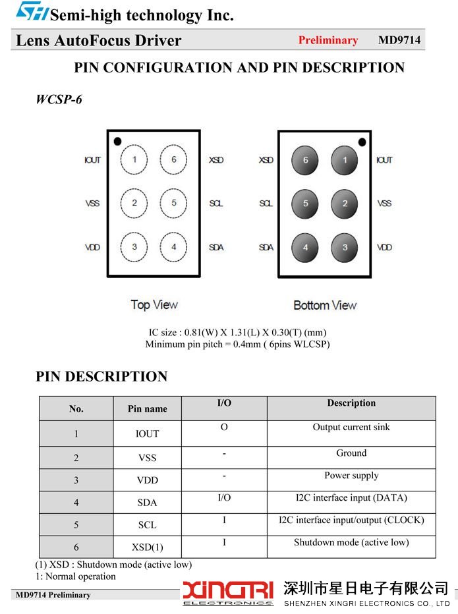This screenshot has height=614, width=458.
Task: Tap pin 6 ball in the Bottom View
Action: pos(305,160)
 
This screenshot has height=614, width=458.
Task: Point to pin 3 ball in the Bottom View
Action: pos(345,248)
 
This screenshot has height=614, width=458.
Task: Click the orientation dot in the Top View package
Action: pos(117,142)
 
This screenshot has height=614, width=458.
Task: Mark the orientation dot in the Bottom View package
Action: pos(362,142)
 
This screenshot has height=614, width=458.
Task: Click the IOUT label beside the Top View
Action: pos(92,160)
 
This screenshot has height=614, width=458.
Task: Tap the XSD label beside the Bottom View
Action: pos(266,160)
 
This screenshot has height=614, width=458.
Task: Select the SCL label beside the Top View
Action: pos(216,203)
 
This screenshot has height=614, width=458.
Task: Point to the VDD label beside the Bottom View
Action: pos(384,247)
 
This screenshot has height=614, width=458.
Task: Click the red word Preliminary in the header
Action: pos(328,40)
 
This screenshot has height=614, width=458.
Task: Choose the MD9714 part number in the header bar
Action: pos(399,40)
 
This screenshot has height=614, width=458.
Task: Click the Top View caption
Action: pos(154,304)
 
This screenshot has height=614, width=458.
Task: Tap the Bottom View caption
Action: pos(325,305)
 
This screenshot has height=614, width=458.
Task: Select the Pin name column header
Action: pos(148,408)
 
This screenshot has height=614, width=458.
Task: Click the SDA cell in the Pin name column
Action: pos(148,503)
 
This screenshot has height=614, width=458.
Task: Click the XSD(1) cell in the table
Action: pos(148,547)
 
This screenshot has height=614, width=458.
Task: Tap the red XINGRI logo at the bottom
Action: pos(228,593)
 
